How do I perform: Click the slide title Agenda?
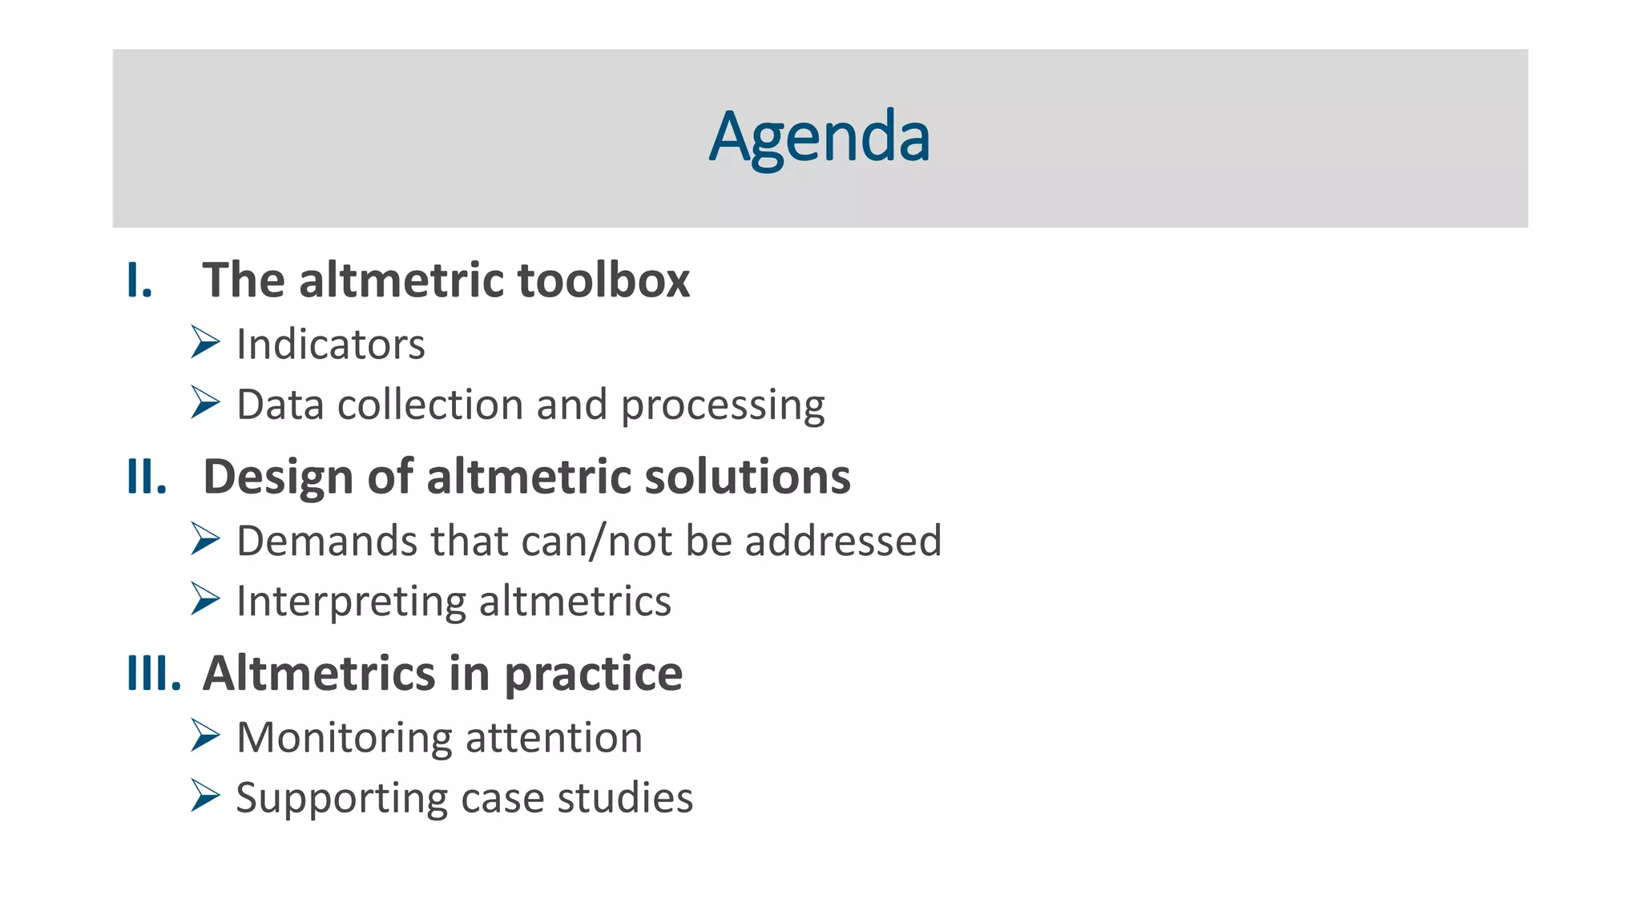(819, 138)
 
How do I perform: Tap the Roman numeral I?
(139, 280)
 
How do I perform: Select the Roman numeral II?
(147, 477)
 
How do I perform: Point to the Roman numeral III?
(154, 673)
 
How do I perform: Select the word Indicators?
(330, 345)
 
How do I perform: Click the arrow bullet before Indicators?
(205, 342)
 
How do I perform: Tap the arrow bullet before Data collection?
(205, 402)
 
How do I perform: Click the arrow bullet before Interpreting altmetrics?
(205, 599)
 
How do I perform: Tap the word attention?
(554, 738)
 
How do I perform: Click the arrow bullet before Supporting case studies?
(205, 796)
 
